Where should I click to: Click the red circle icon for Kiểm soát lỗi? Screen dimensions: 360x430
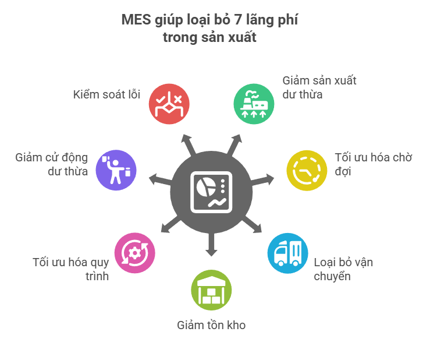tap(169, 104)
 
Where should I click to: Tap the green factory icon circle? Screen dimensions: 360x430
tap(254, 104)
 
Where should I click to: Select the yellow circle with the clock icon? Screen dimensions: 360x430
tap(306, 170)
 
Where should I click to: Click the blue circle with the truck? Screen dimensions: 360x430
tap(287, 252)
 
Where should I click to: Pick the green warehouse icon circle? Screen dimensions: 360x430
tap(211, 290)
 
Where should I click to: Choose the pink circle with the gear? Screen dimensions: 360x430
tap(135, 252)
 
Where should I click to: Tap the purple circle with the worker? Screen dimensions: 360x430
tap(116, 170)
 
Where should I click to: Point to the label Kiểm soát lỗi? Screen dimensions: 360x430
tap(106, 94)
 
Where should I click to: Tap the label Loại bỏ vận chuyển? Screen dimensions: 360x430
tap(343, 269)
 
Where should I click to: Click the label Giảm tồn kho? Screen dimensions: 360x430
tap(211, 325)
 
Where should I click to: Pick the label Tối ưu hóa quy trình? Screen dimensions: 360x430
tap(71, 269)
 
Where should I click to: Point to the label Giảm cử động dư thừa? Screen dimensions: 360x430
tap(52, 164)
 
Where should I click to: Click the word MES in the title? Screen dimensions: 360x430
tap(135, 20)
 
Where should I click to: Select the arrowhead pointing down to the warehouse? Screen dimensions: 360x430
tap(211, 253)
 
